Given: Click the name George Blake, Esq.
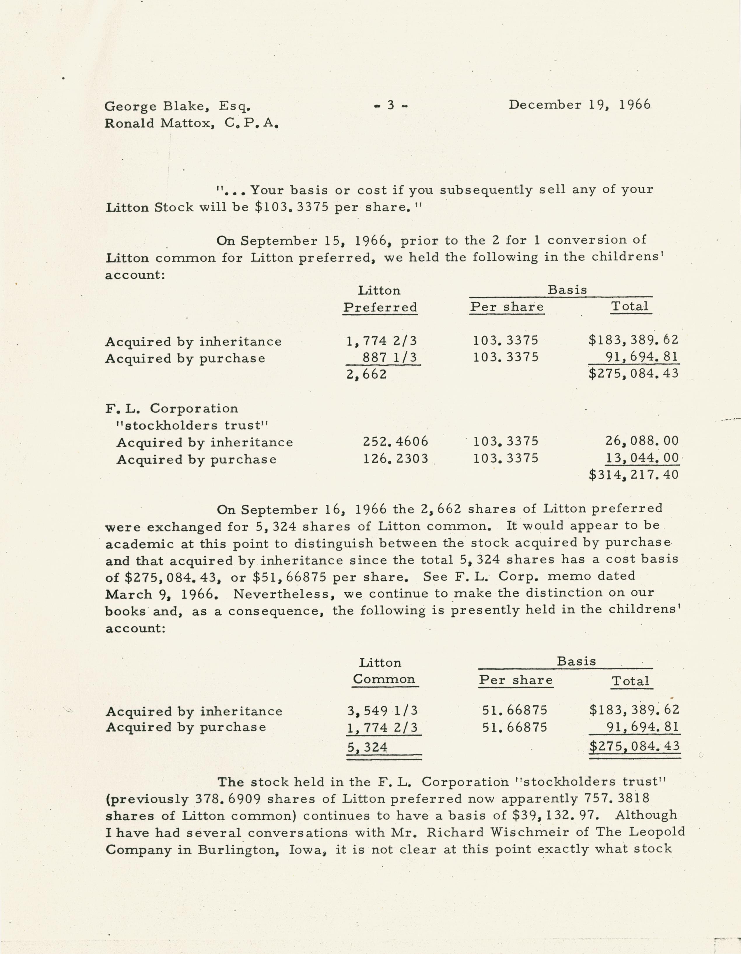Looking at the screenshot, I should [x=177, y=106].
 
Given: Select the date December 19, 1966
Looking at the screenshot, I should [x=579, y=105].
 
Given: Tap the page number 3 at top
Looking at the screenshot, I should [x=391, y=105].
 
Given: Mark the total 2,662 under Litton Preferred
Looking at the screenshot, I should [x=367, y=374].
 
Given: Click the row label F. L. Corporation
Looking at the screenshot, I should [x=172, y=408].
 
